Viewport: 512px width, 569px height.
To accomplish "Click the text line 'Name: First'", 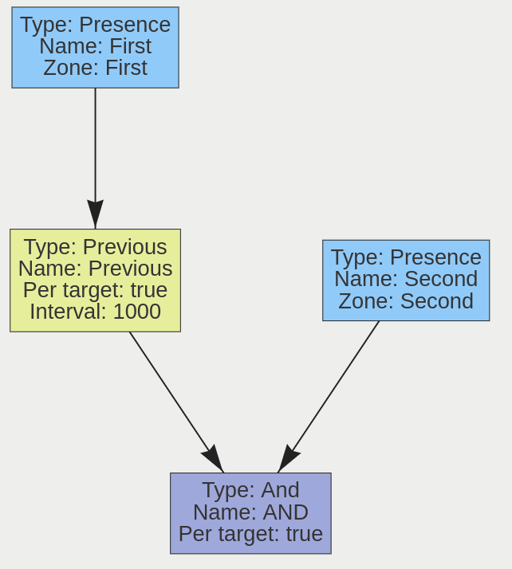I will (x=95, y=46).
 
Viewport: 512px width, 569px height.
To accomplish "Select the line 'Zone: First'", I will (x=95, y=68).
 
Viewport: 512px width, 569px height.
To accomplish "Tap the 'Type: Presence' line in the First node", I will (x=95, y=25).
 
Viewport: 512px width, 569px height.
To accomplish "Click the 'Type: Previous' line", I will (x=95, y=247).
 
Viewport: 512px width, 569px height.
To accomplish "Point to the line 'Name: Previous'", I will (x=95, y=269).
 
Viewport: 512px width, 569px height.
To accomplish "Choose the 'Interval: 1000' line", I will (x=95, y=312).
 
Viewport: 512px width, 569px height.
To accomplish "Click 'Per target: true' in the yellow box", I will (x=95, y=290).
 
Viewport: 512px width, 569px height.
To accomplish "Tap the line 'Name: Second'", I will (x=406, y=279).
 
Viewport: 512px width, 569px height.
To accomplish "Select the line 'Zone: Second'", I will (x=406, y=301).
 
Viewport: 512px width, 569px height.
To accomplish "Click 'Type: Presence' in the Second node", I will (x=406, y=257).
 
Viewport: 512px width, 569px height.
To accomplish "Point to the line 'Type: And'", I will (x=250, y=490).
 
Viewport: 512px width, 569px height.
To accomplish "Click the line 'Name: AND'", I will (x=250, y=512).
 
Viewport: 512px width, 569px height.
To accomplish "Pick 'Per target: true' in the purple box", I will (x=250, y=533).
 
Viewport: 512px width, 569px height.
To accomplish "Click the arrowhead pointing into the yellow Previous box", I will (x=95, y=215).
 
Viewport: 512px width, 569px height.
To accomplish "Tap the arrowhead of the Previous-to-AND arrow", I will (x=214, y=459).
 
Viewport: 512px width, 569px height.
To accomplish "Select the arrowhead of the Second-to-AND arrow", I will (x=287, y=459).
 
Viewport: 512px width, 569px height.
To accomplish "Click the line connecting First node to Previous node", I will (x=95, y=143).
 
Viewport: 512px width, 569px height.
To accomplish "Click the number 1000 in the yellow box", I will (x=137, y=312).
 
